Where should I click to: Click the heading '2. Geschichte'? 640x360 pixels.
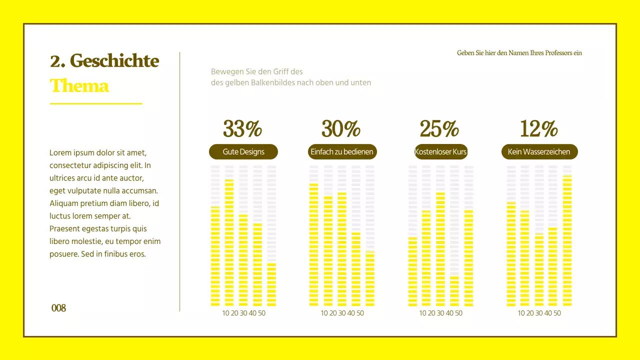(x=104, y=61)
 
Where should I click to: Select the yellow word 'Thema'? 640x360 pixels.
(x=79, y=86)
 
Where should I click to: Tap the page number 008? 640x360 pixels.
(x=58, y=308)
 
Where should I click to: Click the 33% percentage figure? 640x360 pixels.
(x=242, y=129)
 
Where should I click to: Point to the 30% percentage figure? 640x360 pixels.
(x=341, y=129)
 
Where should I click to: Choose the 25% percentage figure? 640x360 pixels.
(x=439, y=129)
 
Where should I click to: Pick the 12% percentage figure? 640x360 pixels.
(x=538, y=129)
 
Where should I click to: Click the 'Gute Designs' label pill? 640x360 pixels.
(x=243, y=152)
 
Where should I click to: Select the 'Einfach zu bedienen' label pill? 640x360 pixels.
(x=342, y=152)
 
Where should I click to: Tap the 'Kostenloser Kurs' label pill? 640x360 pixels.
(x=440, y=152)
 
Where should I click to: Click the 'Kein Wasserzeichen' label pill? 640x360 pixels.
(x=539, y=152)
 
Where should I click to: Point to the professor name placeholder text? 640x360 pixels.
(x=519, y=53)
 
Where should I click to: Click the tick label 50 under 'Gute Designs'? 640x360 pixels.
(x=262, y=313)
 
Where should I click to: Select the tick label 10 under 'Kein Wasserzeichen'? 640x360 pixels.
(x=521, y=313)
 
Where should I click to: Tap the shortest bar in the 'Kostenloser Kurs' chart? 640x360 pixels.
(x=454, y=290)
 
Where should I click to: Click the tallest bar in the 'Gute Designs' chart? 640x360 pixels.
(x=229, y=242)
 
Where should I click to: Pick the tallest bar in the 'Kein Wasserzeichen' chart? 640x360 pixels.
(x=567, y=240)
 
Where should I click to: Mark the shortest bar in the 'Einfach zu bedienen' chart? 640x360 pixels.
(x=370, y=278)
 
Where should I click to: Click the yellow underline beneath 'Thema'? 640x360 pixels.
(x=96, y=104)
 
